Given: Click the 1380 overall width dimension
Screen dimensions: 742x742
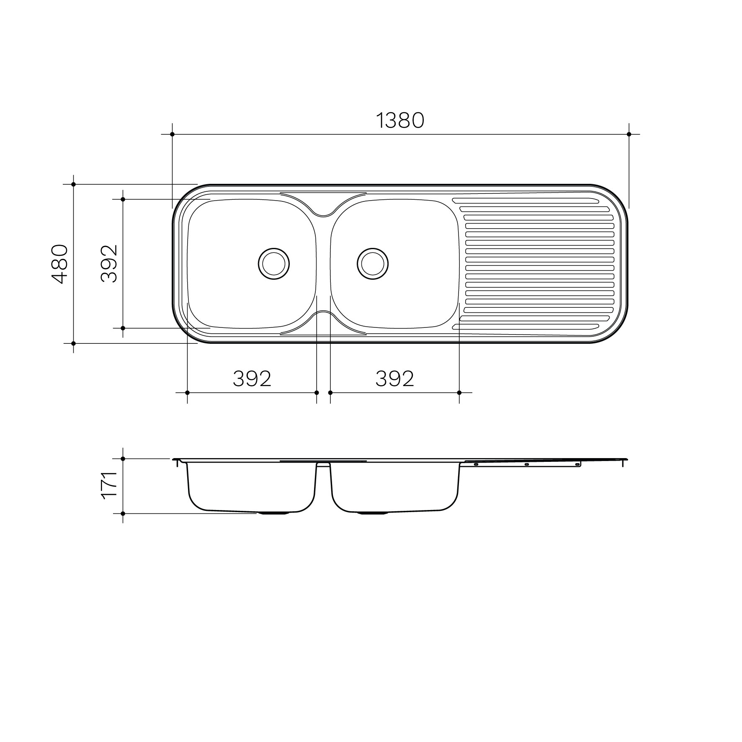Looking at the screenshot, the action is [400, 121].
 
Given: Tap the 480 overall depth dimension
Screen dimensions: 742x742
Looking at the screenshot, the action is [59, 264].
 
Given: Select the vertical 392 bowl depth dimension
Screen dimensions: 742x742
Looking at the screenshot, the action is [108, 263].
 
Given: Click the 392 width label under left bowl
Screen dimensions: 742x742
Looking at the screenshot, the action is [252, 379].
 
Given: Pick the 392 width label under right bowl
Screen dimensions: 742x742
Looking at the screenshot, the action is [395, 379].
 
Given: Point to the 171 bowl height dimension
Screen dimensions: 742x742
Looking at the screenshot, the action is [108, 484].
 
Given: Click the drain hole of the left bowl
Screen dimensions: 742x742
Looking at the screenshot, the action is [274, 264].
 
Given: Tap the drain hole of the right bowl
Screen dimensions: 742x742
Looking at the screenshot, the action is [373, 264].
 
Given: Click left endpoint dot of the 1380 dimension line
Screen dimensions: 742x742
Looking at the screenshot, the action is [173, 134].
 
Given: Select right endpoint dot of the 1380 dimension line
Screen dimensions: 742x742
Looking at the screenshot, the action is [629, 134].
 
